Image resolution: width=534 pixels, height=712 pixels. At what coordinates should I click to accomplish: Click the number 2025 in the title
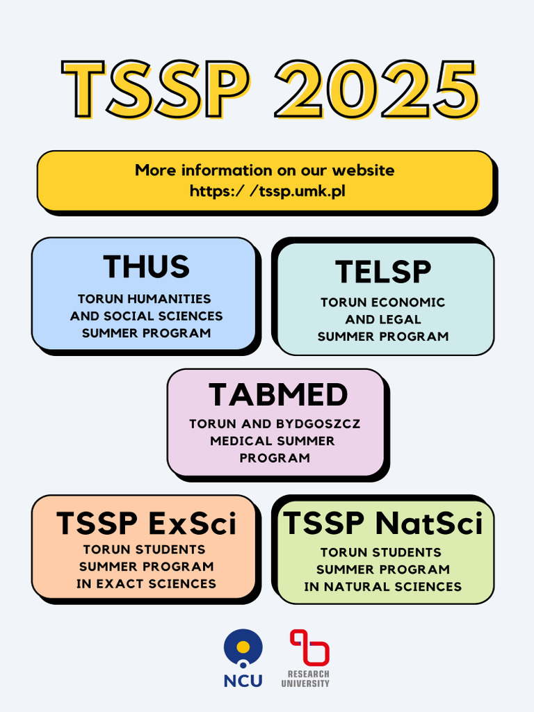click(376, 90)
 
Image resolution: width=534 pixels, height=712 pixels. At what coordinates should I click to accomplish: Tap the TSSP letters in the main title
click(154, 90)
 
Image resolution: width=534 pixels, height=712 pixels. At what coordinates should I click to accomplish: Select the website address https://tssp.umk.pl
click(267, 191)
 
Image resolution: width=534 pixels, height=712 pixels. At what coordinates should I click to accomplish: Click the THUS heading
click(146, 266)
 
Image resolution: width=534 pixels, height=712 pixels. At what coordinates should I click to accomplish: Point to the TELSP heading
click(383, 272)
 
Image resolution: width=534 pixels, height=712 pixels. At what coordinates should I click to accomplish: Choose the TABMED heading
click(278, 395)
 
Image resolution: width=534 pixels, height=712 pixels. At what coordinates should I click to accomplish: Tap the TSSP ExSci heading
click(146, 524)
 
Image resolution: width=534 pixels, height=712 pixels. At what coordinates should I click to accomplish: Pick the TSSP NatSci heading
click(383, 524)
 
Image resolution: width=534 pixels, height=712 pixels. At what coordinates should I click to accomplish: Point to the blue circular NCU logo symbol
click(243, 647)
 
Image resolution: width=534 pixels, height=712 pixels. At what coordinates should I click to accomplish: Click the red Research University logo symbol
click(309, 647)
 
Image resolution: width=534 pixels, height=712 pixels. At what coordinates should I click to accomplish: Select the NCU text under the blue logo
click(243, 681)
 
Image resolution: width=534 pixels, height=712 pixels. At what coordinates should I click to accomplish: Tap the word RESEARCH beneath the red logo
click(306, 674)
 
